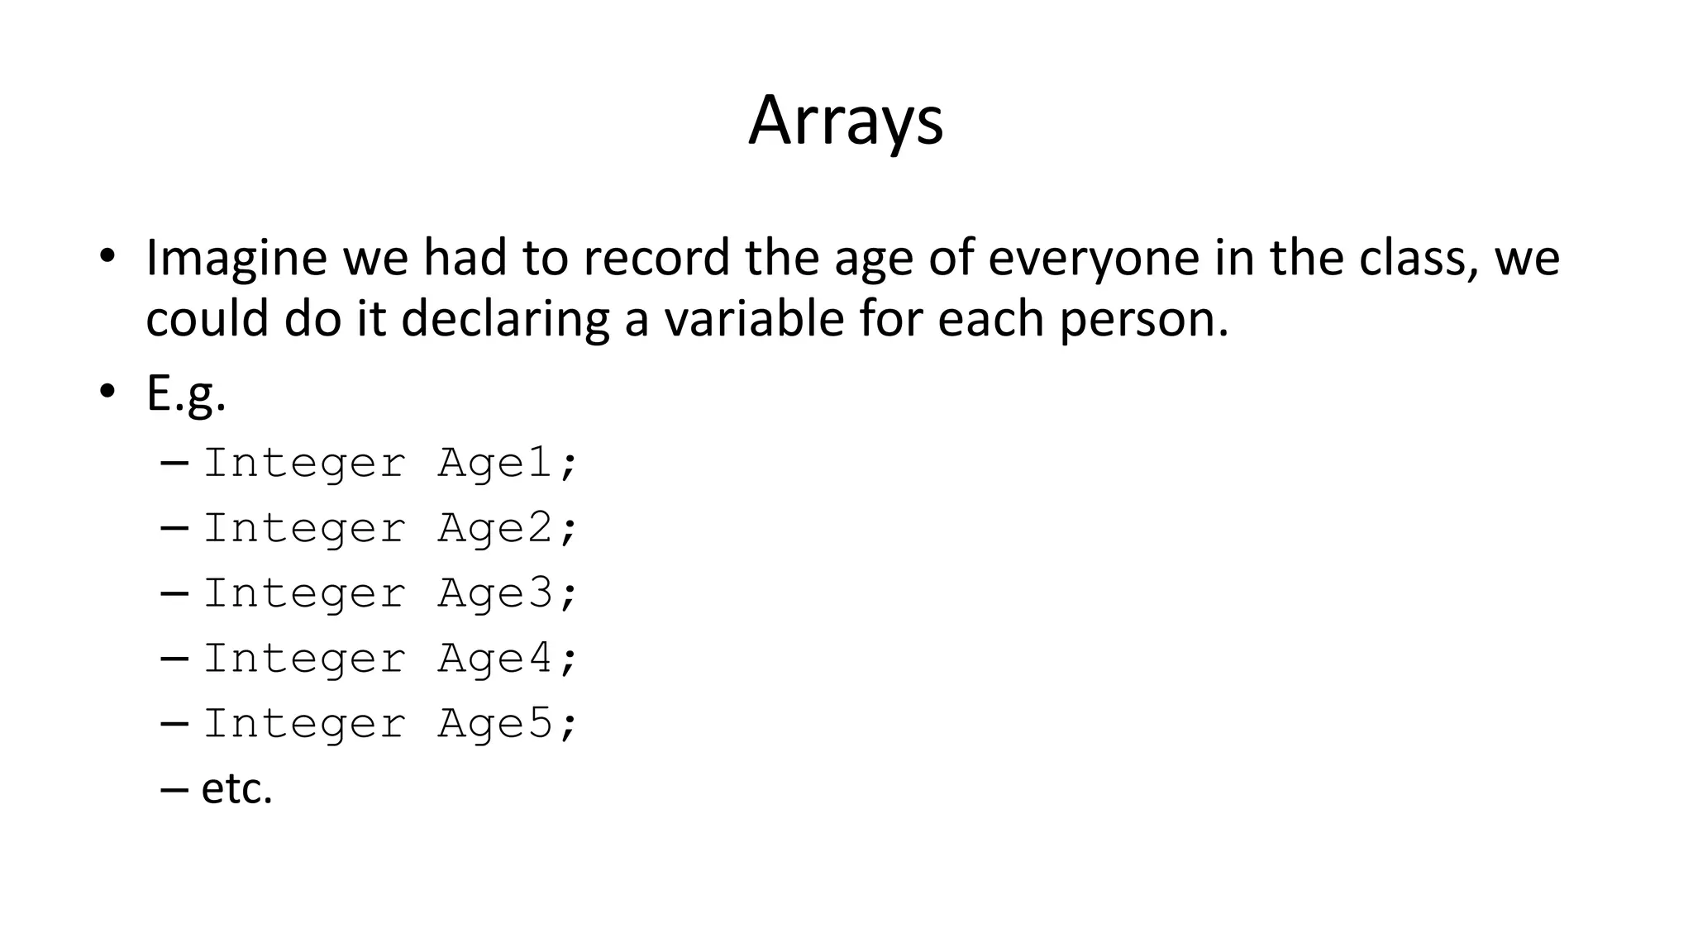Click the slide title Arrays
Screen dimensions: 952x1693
[x=845, y=121]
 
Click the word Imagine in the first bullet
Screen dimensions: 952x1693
[x=236, y=258]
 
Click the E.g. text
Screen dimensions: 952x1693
[x=186, y=395]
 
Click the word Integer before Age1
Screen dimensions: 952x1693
[x=304, y=463]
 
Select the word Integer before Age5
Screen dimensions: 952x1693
[x=304, y=724]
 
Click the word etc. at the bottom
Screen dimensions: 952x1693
[x=236, y=789]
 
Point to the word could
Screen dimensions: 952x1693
[x=207, y=319]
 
